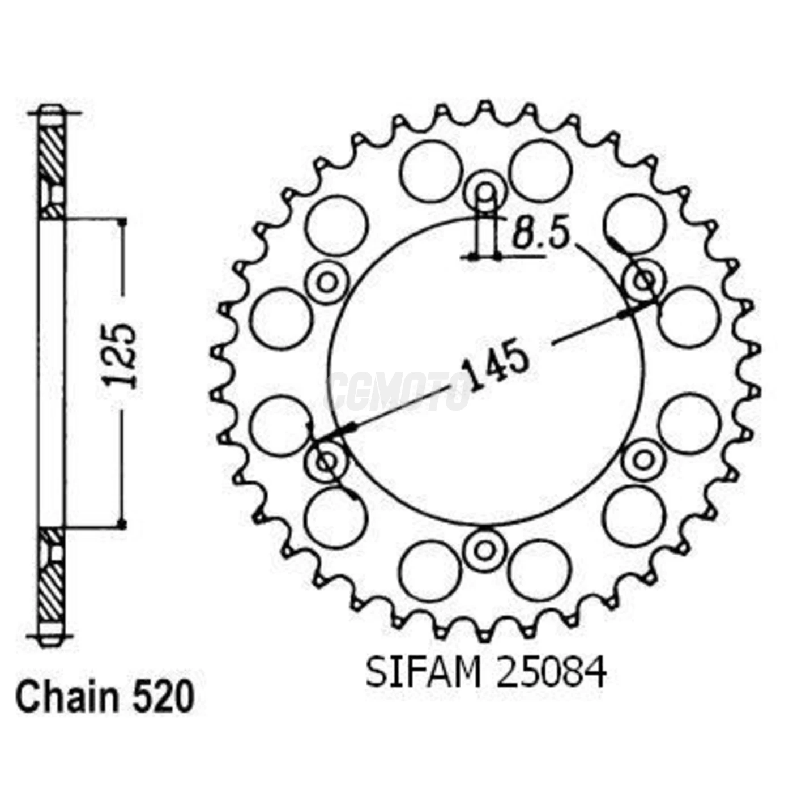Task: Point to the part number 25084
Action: click(x=551, y=672)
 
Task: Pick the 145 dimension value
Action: click(x=495, y=368)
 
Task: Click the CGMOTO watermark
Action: click(x=399, y=391)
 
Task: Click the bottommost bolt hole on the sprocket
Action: click(x=484, y=549)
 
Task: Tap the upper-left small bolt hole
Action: click(x=327, y=282)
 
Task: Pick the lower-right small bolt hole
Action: click(x=643, y=460)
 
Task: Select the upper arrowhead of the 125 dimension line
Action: click(x=122, y=222)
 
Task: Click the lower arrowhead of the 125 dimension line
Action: click(x=122, y=524)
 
